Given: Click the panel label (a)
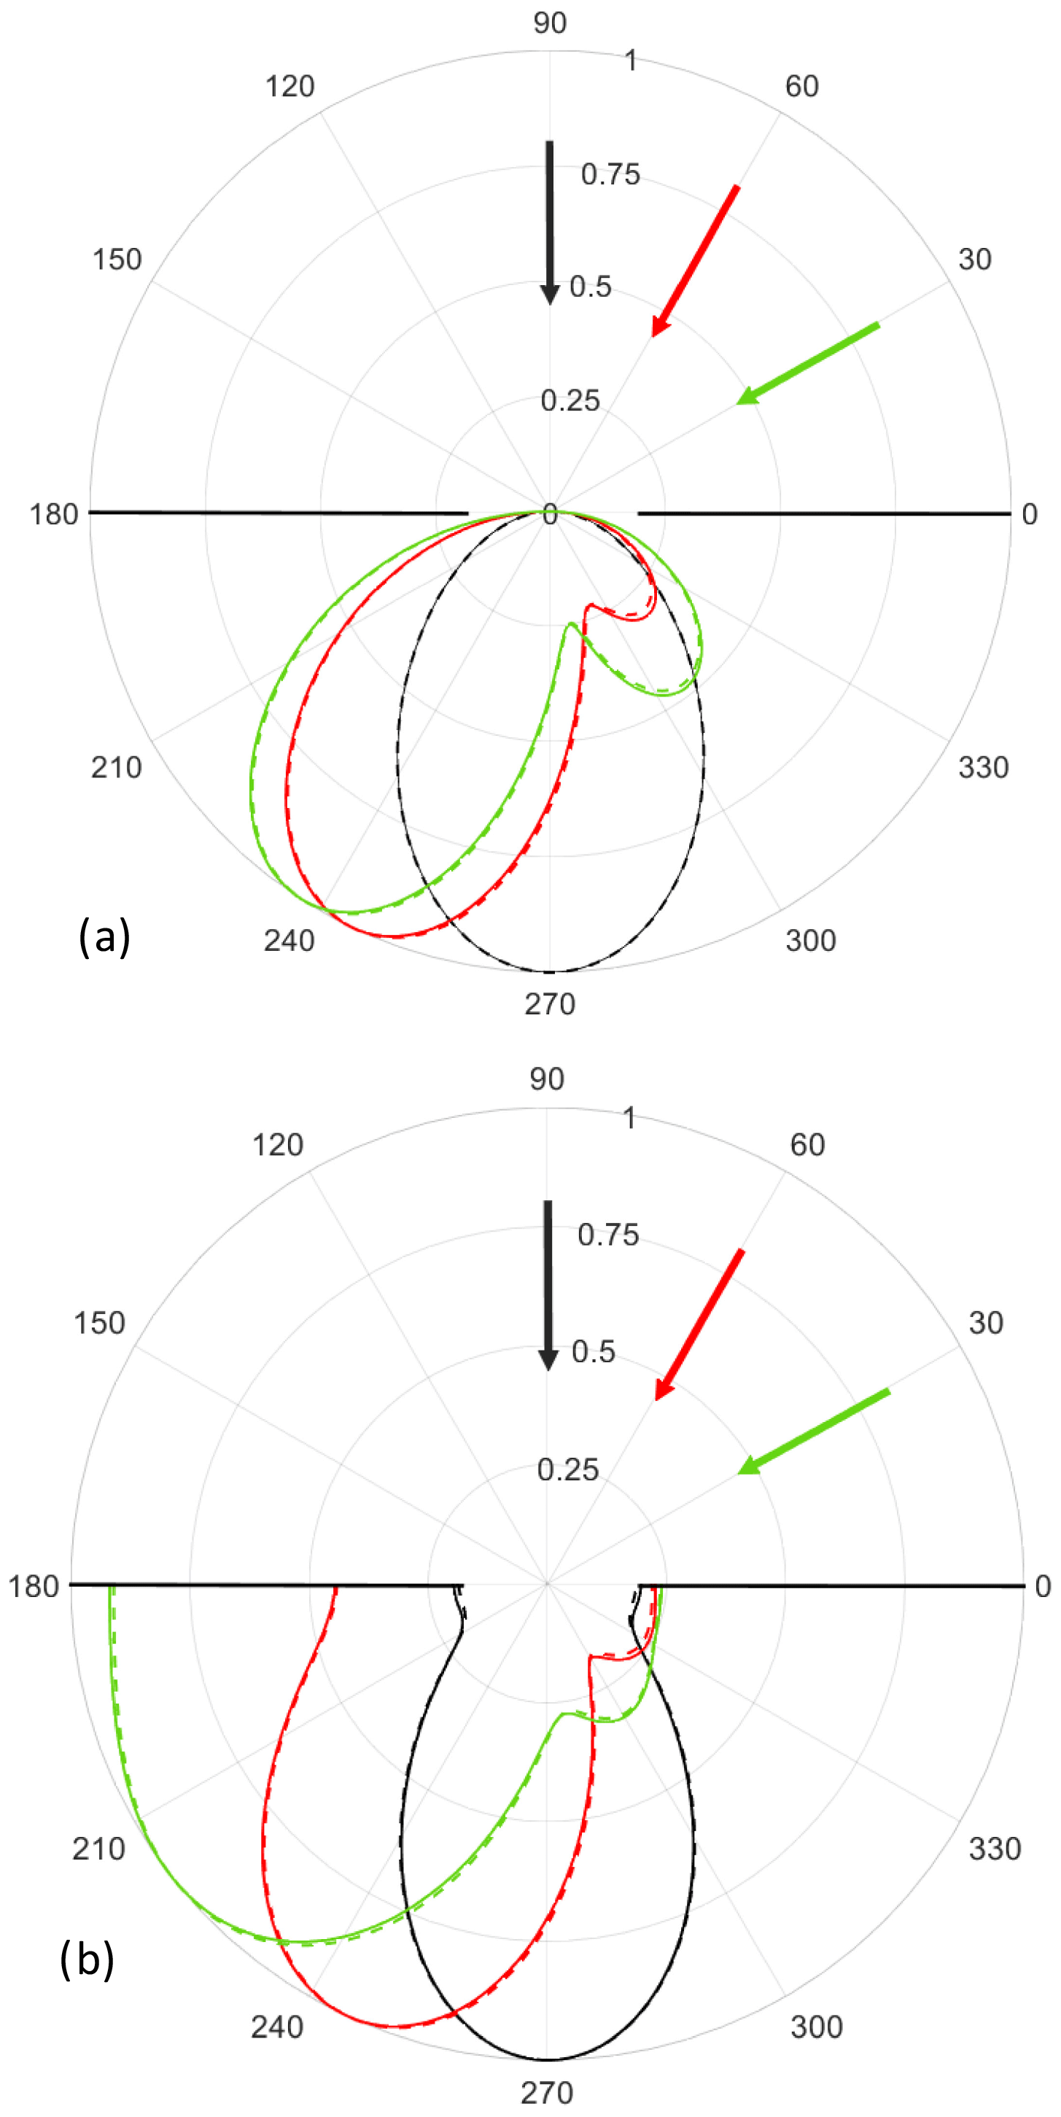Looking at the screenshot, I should coord(104,936).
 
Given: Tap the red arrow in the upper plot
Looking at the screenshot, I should coord(695,260).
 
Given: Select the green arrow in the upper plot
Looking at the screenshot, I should coord(807,363).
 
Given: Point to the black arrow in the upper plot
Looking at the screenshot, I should coord(550,222).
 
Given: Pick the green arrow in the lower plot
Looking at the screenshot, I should coord(814,1431).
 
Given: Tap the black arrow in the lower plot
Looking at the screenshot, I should coord(548,1283).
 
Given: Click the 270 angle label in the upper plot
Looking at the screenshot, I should coord(550,1003).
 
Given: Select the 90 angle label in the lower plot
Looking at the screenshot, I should coord(546,1079).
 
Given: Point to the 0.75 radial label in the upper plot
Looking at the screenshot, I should coord(610,174).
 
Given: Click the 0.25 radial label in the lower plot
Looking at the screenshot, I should coord(567,1469).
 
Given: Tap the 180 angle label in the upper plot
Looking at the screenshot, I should coord(53,514).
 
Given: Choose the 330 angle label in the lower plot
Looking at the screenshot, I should coord(995,1848).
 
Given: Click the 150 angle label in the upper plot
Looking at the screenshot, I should coord(117,260).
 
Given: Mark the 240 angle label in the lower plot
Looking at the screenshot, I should coord(277,2027).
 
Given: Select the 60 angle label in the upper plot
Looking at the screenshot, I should coord(801,86).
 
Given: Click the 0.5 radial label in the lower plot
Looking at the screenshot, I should coord(593,1352).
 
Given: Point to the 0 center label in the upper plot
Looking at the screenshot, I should coord(550,516).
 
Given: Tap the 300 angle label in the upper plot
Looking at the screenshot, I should coord(809,940).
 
